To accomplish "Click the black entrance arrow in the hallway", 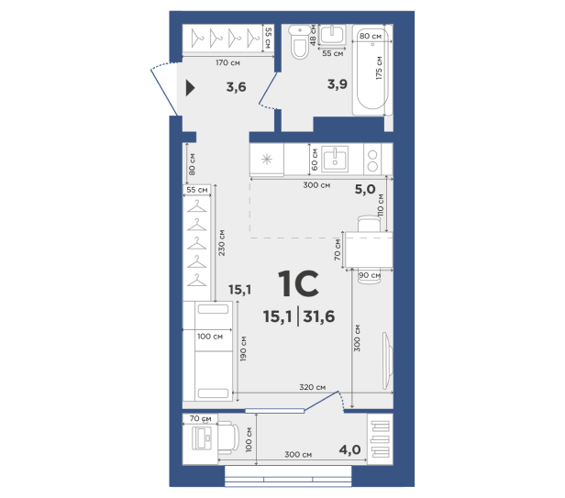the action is [x=190, y=88].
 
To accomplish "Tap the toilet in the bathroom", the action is [x=299, y=42].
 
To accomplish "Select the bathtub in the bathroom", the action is [x=372, y=70].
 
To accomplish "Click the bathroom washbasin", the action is [x=333, y=35].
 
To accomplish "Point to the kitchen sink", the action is [x=335, y=160].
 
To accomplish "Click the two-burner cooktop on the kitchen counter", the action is [x=372, y=160].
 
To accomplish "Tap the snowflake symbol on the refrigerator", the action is [x=267, y=160].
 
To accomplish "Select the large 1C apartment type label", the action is [x=299, y=284].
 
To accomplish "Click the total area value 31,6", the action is [x=319, y=316].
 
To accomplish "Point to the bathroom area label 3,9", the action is [x=338, y=84].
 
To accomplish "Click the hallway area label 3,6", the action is [x=236, y=87].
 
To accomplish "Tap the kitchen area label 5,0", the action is [x=365, y=189].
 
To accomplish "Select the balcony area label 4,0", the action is [x=349, y=449].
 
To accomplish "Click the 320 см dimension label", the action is [x=313, y=387].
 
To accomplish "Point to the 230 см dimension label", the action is [x=222, y=243].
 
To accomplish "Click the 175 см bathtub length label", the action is [x=378, y=68].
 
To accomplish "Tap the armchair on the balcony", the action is [x=228, y=437].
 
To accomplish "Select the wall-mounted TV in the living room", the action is [x=387, y=360].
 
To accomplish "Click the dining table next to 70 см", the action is [x=369, y=249].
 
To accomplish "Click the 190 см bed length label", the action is [x=243, y=349].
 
